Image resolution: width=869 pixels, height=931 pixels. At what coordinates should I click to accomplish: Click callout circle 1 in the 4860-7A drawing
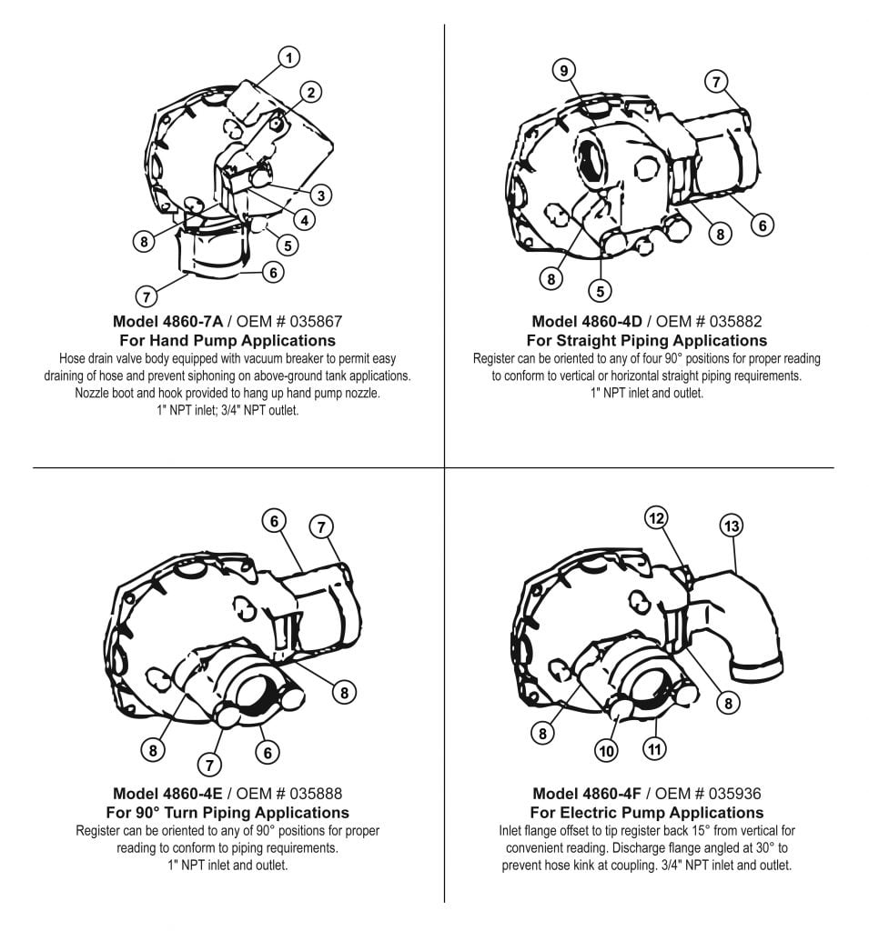click(x=288, y=58)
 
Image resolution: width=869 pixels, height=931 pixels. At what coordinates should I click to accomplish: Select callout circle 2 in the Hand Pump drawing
click(x=311, y=92)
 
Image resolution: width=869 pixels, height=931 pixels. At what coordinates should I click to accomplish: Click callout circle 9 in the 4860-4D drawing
click(x=564, y=70)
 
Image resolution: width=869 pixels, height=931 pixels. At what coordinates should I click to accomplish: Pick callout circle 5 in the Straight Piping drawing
click(x=600, y=291)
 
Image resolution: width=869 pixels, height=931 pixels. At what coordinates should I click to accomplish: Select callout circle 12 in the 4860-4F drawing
click(x=657, y=517)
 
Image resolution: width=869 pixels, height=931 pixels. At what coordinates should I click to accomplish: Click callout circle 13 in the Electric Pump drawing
click(x=731, y=526)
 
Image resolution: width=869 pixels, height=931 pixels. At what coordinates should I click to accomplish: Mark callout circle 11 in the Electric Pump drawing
click(x=654, y=749)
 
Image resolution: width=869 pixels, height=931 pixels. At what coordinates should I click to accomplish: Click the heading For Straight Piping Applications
click(x=646, y=341)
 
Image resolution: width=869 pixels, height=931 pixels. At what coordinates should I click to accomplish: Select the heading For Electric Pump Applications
click(x=646, y=812)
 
